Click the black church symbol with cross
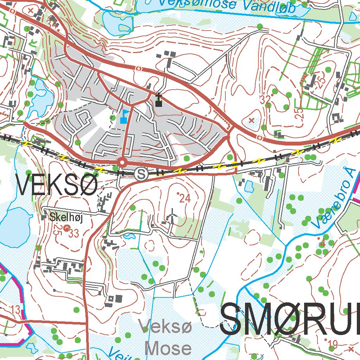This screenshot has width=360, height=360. [159, 101]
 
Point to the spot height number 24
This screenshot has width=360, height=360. [184, 199]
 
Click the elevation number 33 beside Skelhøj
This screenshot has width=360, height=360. [74, 233]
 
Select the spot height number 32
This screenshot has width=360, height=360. [266, 99]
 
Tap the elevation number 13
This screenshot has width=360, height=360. [16, 310]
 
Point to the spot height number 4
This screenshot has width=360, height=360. [322, 242]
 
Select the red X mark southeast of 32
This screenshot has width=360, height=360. [251, 120]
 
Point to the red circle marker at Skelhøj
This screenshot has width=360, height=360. [67, 228]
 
